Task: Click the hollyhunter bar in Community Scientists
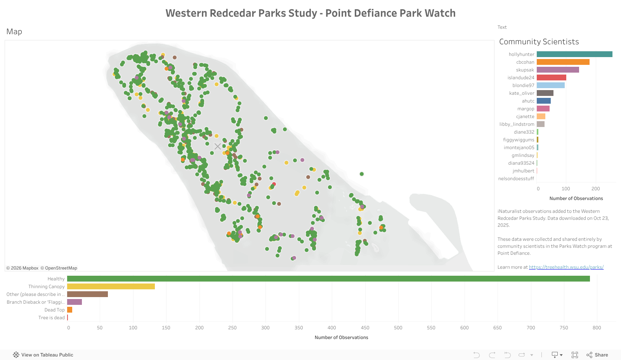point(574,54)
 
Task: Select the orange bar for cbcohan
point(563,62)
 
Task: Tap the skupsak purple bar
point(558,70)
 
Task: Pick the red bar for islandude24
point(551,78)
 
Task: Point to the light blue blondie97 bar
point(550,85)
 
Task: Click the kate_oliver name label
point(522,93)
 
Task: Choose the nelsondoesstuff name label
point(516,179)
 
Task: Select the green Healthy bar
point(328,279)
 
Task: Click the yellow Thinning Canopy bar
point(111,287)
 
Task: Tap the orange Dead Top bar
point(70,310)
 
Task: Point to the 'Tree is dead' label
point(52,318)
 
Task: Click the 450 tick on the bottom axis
point(365,328)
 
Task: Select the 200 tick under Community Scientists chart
point(596,189)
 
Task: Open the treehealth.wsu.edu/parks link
point(566,267)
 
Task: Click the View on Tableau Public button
point(43,355)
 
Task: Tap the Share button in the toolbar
point(597,355)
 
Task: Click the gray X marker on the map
point(218,146)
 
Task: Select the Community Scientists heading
point(539,42)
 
